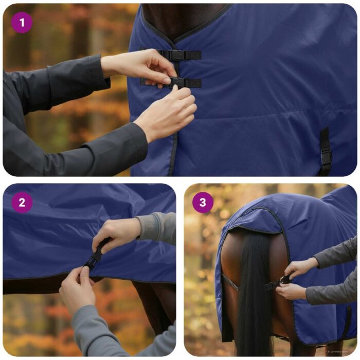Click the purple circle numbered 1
[x=21, y=22]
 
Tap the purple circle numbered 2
[x=22, y=203]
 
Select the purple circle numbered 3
[x=203, y=203]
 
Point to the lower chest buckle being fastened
[x=177, y=82]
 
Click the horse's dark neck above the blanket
[x=185, y=13]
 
